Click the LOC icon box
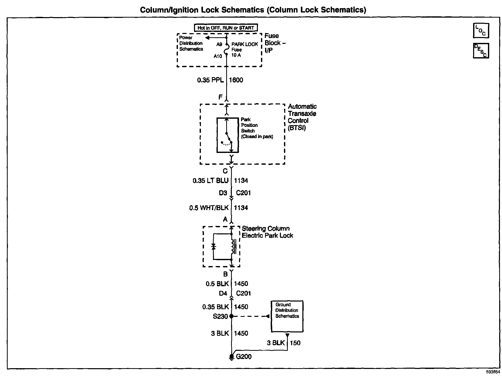point(481,31)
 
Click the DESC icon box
point(481,51)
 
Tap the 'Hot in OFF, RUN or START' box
point(226,28)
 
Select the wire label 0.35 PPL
point(210,80)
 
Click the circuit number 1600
point(236,80)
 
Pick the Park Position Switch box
point(227,135)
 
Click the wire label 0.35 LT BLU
point(210,181)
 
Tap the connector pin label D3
point(223,193)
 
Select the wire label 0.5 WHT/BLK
point(209,208)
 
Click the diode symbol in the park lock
point(213,247)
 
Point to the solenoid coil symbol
point(233,247)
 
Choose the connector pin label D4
point(223,294)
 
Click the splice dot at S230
point(231,316)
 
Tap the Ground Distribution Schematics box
point(287,316)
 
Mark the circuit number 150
point(295,343)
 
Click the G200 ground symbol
point(231,357)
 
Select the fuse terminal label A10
point(218,56)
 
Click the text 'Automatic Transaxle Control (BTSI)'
point(302,117)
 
